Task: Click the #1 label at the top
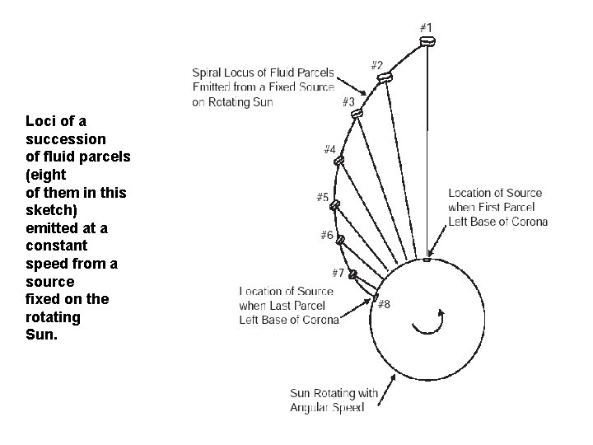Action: point(426,27)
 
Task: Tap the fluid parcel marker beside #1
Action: point(427,40)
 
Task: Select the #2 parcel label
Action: point(376,64)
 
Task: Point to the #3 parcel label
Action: point(348,102)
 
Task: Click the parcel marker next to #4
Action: point(338,161)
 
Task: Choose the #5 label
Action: point(323,197)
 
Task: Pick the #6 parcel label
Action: point(327,236)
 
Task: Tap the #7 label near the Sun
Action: point(338,272)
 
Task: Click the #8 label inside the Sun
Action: point(384,304)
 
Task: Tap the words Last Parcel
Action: point(310,306)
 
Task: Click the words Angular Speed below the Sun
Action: point(327,408)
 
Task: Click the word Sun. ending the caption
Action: point(41,335)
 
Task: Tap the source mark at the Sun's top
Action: point(427,260)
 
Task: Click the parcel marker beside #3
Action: point(357,114)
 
